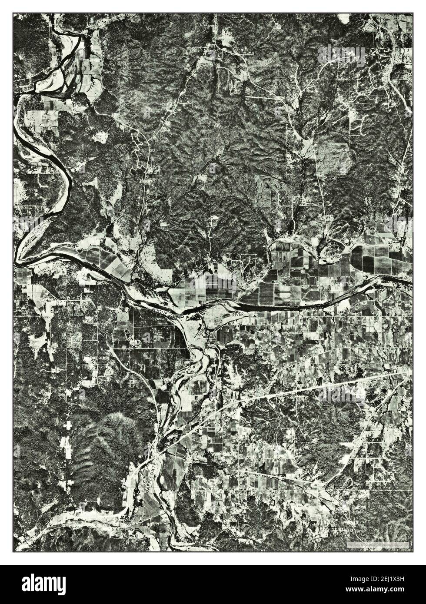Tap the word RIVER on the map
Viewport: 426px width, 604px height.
(239, 314)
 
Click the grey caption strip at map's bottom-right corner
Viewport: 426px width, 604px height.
(378, 544)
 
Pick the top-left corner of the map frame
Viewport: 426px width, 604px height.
(13, 13)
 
